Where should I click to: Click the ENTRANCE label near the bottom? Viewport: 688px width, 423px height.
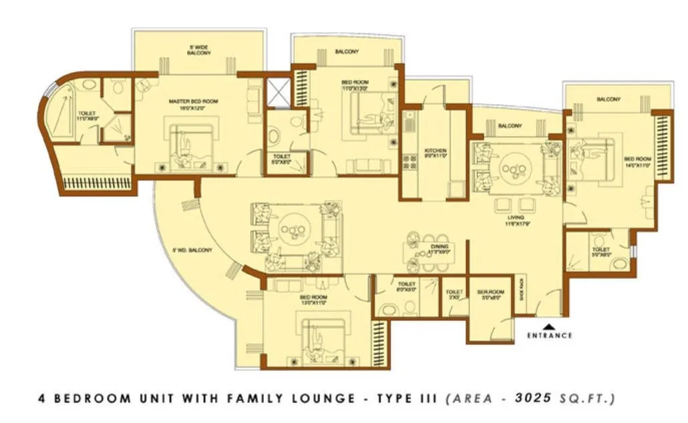(548, 336)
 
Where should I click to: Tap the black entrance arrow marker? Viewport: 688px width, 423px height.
(548, 326)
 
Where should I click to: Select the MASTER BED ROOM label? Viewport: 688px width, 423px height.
(193, 101)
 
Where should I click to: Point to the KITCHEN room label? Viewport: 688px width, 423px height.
(436, 151)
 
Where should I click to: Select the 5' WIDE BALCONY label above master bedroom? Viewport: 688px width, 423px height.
(198, 49)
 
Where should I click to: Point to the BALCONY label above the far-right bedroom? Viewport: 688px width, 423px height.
(609, 99)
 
